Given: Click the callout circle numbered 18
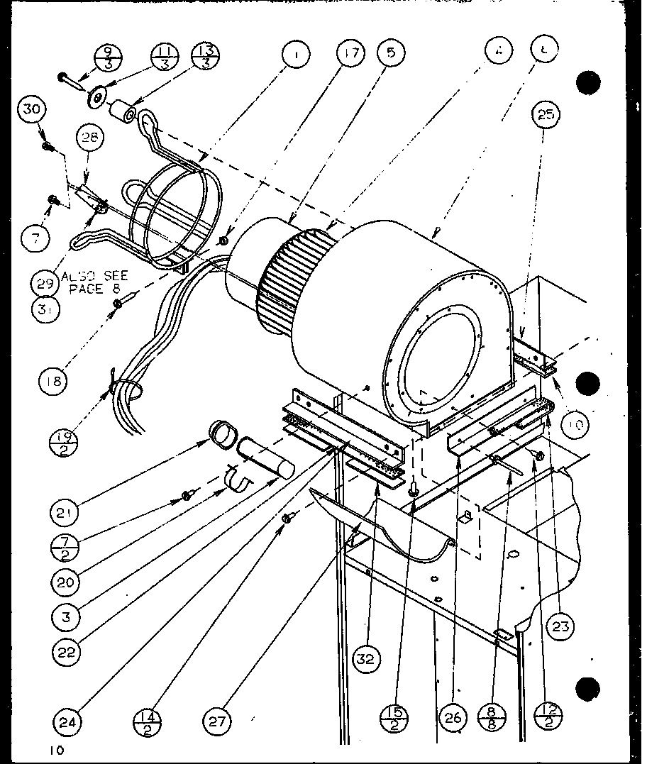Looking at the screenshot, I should point(53,381).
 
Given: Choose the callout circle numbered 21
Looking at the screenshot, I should point(65,511).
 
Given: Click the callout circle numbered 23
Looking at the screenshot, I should point(561,626).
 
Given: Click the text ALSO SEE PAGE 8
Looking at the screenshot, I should point(94,282).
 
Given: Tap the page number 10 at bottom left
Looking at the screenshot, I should point(56,749).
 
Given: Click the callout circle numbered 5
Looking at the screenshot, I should point(392,52).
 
